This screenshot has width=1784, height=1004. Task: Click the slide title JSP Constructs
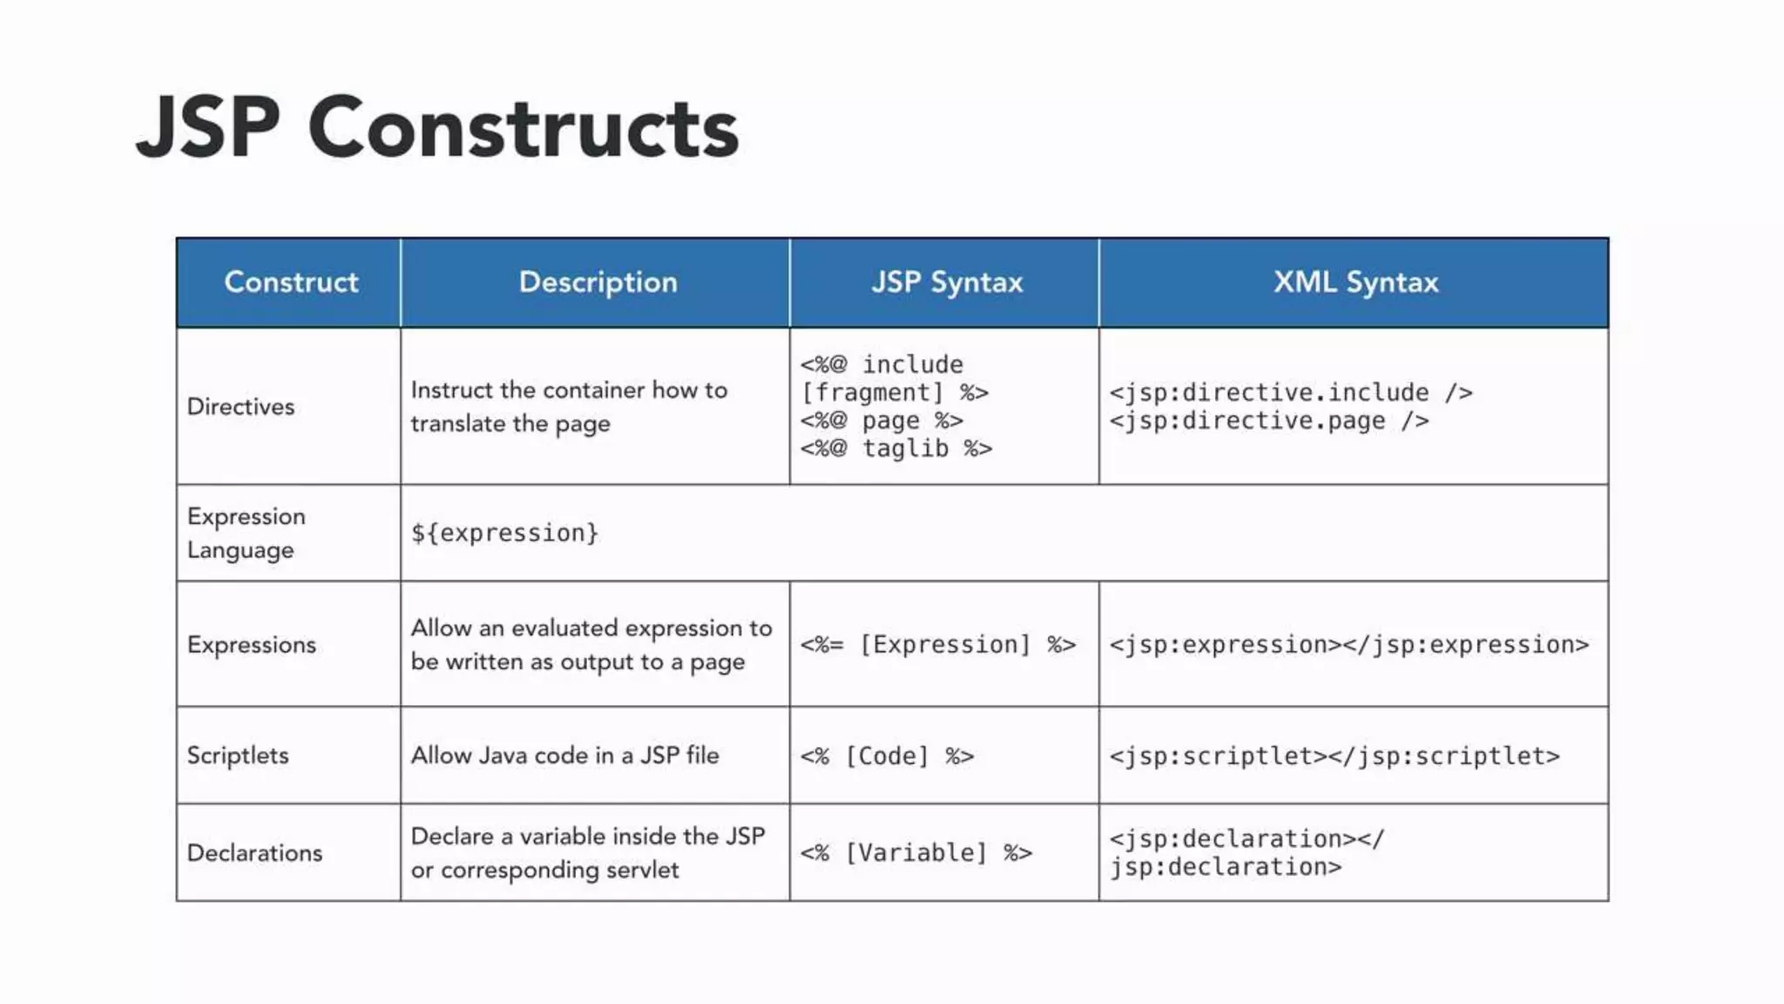coord(437,129)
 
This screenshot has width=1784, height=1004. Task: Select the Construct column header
coord(291,282)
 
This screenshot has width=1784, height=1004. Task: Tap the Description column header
coord(598,282)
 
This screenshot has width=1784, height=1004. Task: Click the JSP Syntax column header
coord(947,282)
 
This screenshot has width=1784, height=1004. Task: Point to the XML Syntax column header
coord(1355,282)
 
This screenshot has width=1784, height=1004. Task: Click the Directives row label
coord(241,407)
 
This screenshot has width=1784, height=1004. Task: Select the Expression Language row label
coord(246,533)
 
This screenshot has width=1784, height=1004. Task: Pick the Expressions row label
coord(252,645)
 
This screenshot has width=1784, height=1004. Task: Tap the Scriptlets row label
coord(238,756)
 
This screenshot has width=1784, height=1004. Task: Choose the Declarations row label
coord(254,853)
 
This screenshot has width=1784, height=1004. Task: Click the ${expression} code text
coord(504,533)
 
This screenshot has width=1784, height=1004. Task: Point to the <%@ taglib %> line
coord(896,449)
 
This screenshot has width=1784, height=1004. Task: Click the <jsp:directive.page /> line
coord(1268,421)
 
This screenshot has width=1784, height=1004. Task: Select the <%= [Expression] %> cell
coord(938,645)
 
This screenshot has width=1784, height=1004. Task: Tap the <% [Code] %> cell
coord(887,756)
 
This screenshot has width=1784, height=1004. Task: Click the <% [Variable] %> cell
coord(916,853)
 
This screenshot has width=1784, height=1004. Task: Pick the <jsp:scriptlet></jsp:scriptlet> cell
coord(1335,756)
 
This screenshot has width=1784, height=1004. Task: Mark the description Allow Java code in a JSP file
coord(565,756)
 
